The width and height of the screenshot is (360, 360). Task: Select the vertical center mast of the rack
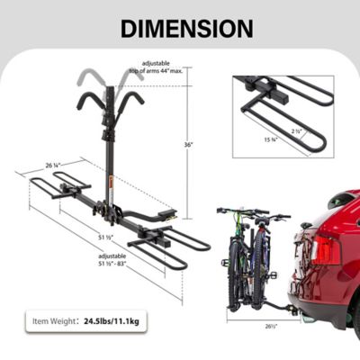111,144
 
